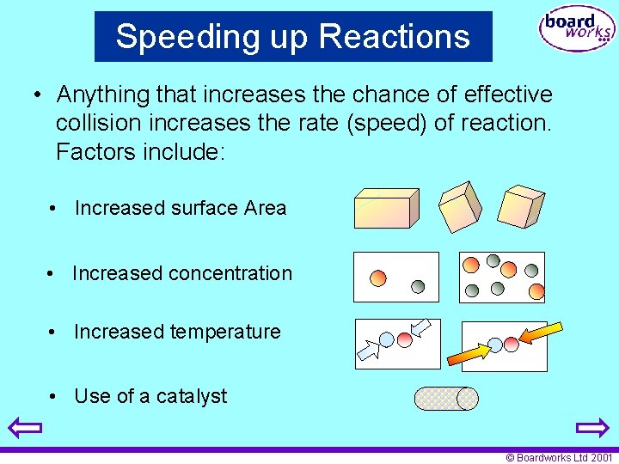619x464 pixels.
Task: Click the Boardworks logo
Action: click(576, 30)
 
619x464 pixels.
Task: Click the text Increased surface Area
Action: click(181, 208)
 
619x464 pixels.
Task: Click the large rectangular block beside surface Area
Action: click(386, 208)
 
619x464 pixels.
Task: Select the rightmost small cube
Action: click(522, 206)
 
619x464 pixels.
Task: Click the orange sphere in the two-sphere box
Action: click(377, 278)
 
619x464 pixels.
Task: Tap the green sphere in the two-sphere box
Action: click(417, 286)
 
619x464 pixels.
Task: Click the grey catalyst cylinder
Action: click(445, 398)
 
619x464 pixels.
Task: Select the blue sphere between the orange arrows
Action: click(495, 345)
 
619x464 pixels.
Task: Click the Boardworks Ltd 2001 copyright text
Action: click(560, 458)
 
